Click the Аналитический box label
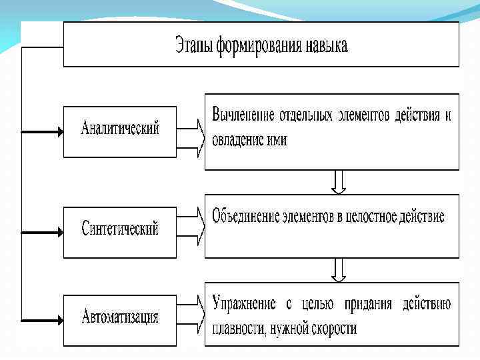[x=120, y=129]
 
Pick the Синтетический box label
[x=120, y=229]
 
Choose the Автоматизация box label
[x=120, y=316]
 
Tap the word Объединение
[x=245, y=217]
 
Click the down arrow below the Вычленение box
[x=339, y=181]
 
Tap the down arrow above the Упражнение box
[x=339, y=269]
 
